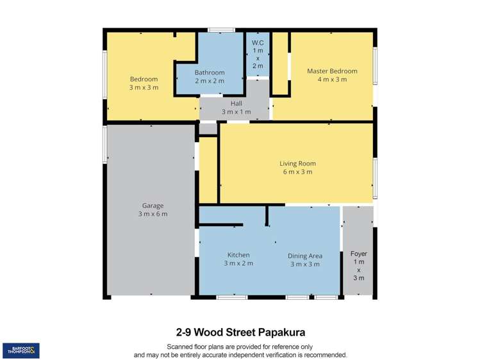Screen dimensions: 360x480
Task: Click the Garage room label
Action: tap(152, 206)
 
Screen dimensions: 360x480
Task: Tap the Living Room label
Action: tap(297, 163)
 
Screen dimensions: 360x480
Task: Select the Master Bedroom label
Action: tap(331, 71)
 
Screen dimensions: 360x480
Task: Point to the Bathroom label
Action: tap(210, 72)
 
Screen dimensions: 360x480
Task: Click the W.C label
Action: tap(258, 43)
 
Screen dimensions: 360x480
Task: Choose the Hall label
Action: tap(236, 103)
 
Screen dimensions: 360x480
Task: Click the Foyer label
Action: tap(359, 254)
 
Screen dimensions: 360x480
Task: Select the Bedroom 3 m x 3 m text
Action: tap(144, 83)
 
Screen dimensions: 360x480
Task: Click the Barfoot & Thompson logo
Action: tap(21, 350)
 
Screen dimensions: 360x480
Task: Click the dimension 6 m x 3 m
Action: tap(297, 172)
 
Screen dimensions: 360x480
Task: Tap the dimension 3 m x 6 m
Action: tap(152, 214)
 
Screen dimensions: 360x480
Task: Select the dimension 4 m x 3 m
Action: tap(331, 79)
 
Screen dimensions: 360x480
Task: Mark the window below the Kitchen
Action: tap(231, 297)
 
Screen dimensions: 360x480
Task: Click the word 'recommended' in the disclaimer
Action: tap(325, 354)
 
